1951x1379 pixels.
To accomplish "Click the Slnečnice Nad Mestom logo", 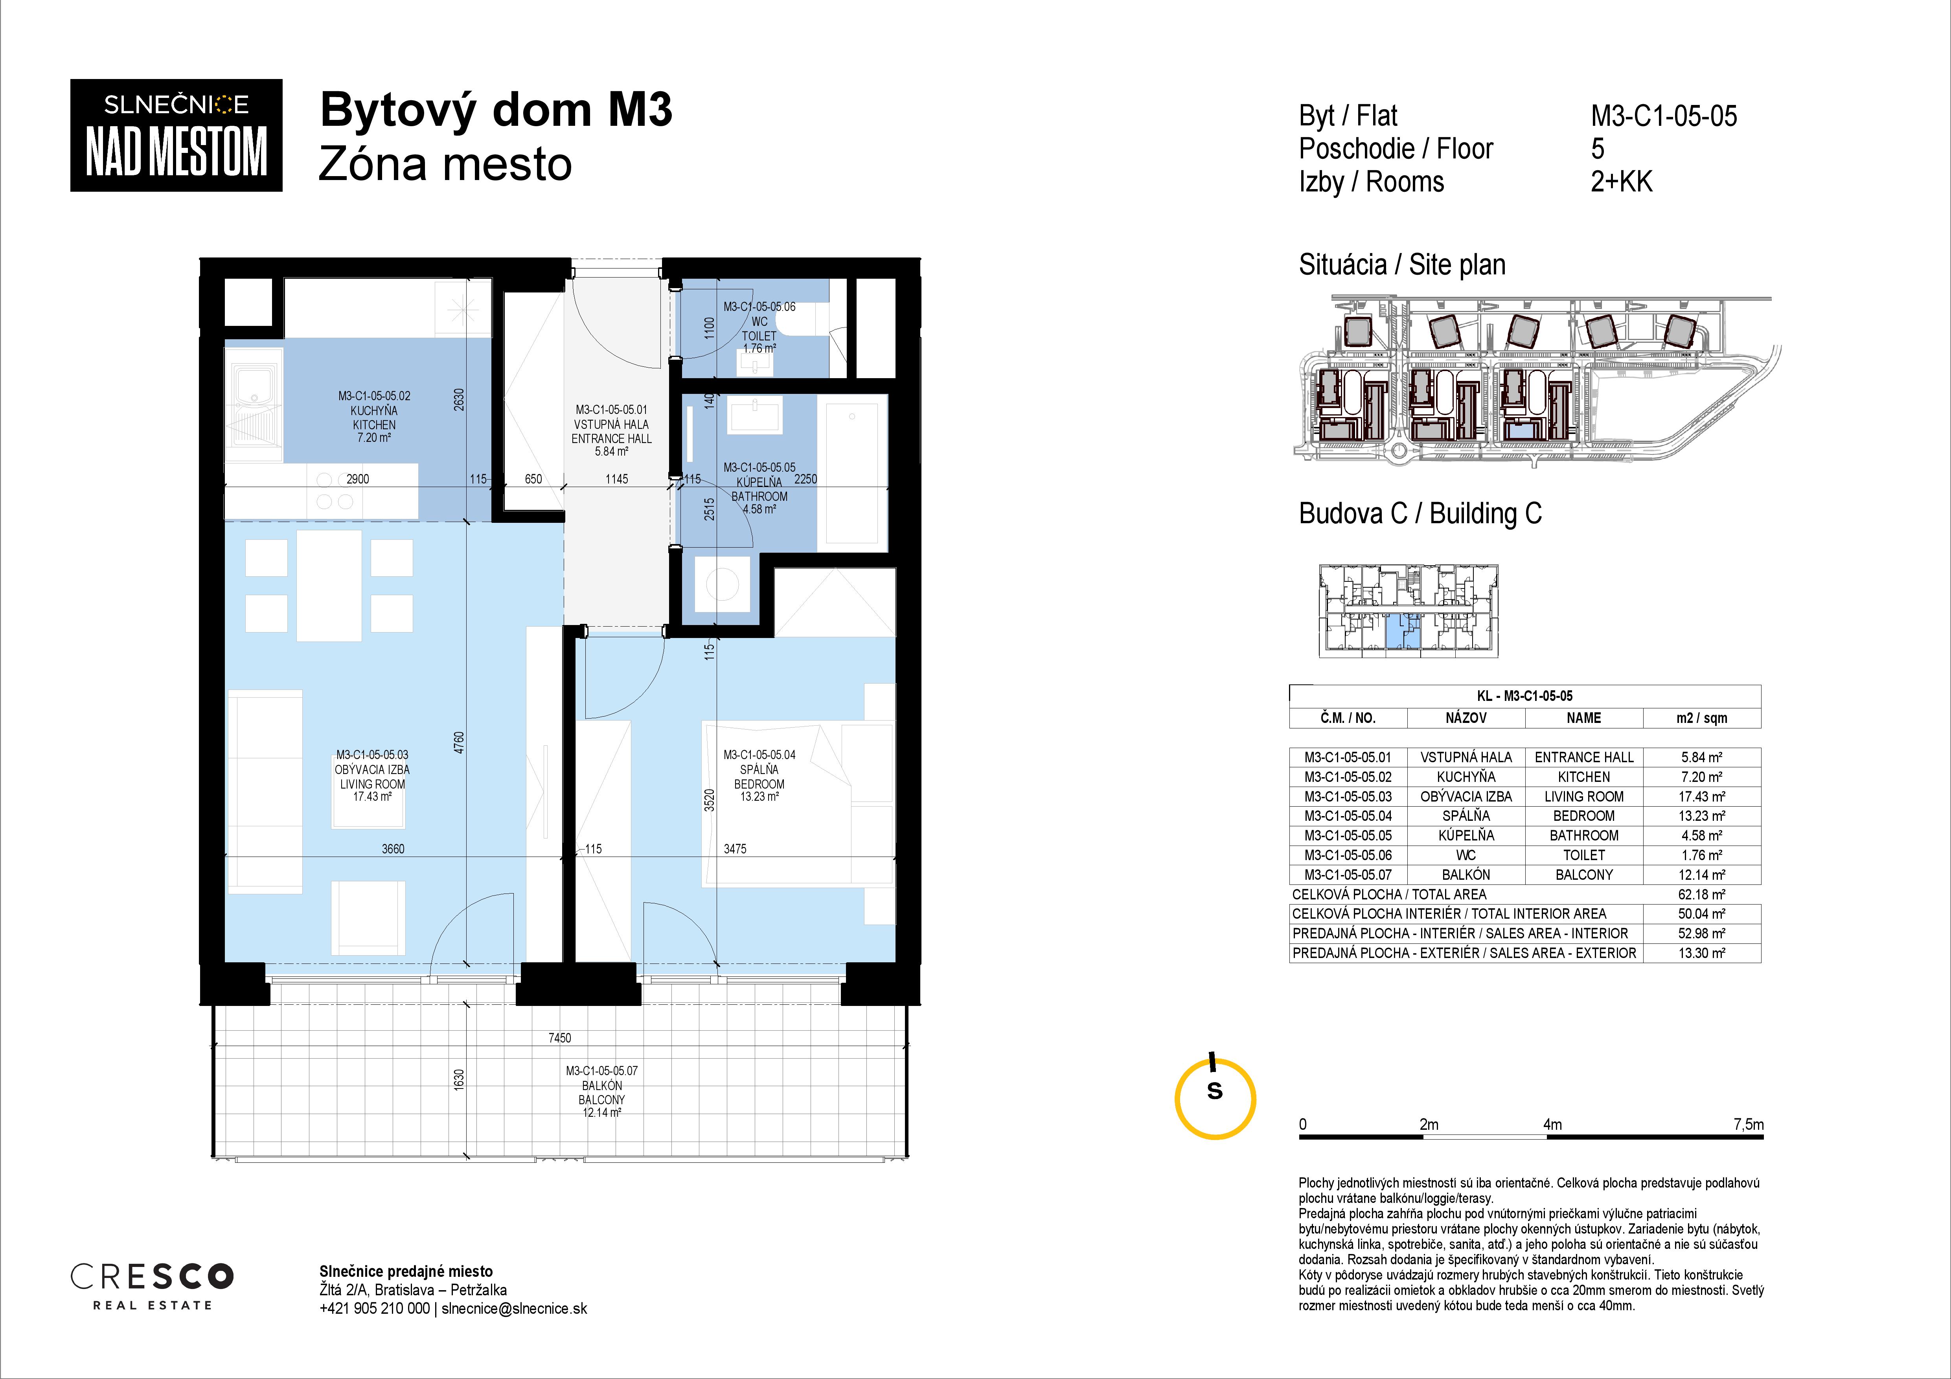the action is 176,135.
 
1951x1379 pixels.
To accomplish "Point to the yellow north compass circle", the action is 1215,1099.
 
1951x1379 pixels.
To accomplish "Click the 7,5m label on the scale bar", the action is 1748,1124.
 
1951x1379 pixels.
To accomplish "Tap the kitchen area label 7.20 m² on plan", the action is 374,438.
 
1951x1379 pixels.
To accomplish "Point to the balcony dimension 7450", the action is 559,1037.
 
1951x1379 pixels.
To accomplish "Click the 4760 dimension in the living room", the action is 459,743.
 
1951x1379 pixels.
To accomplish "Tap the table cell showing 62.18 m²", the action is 1702,894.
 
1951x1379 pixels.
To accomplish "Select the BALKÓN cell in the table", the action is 1466,874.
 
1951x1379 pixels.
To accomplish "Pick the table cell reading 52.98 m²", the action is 1702,933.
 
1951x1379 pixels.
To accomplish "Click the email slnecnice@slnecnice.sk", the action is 514,1309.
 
